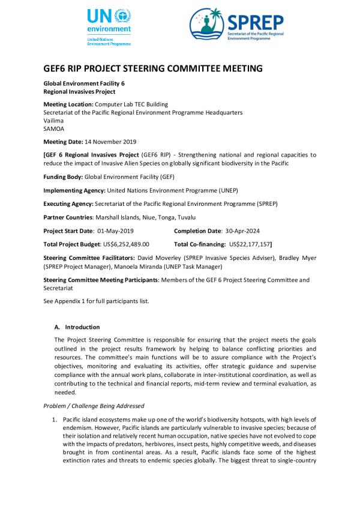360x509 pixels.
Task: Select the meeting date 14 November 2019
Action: coord(108,142)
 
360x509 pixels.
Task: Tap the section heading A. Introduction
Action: coord(77,327)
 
